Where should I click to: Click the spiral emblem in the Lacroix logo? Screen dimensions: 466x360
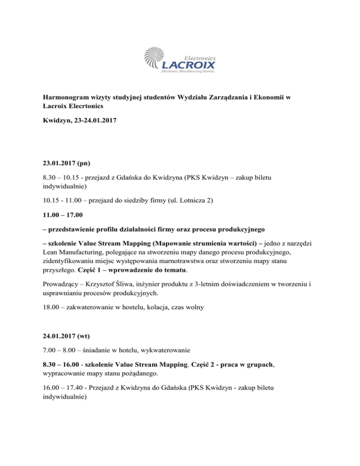pyautogui.click(x=157, y=58)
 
